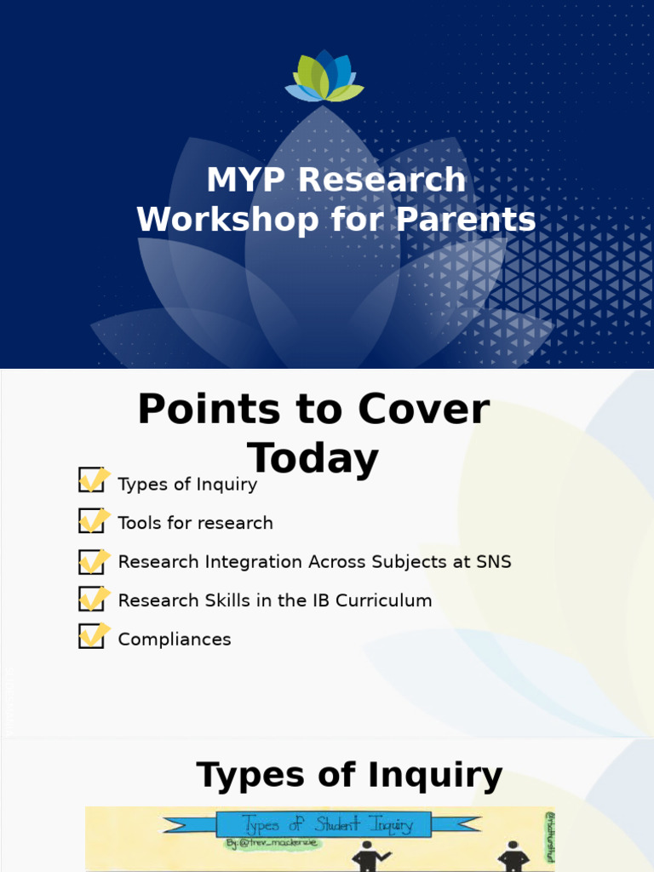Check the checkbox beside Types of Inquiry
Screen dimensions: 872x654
point(91,480)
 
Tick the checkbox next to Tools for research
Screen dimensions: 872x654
point(91,519)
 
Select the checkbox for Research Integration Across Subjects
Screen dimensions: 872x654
point(91,559)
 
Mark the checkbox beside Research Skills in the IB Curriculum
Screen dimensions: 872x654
point(91,598)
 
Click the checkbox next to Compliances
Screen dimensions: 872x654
point(91,636)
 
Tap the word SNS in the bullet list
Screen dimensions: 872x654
point(494,562)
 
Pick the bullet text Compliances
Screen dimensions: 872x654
point(175,639)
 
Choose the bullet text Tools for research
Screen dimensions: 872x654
point(196,523)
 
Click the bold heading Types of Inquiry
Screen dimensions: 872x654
point(349,776)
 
